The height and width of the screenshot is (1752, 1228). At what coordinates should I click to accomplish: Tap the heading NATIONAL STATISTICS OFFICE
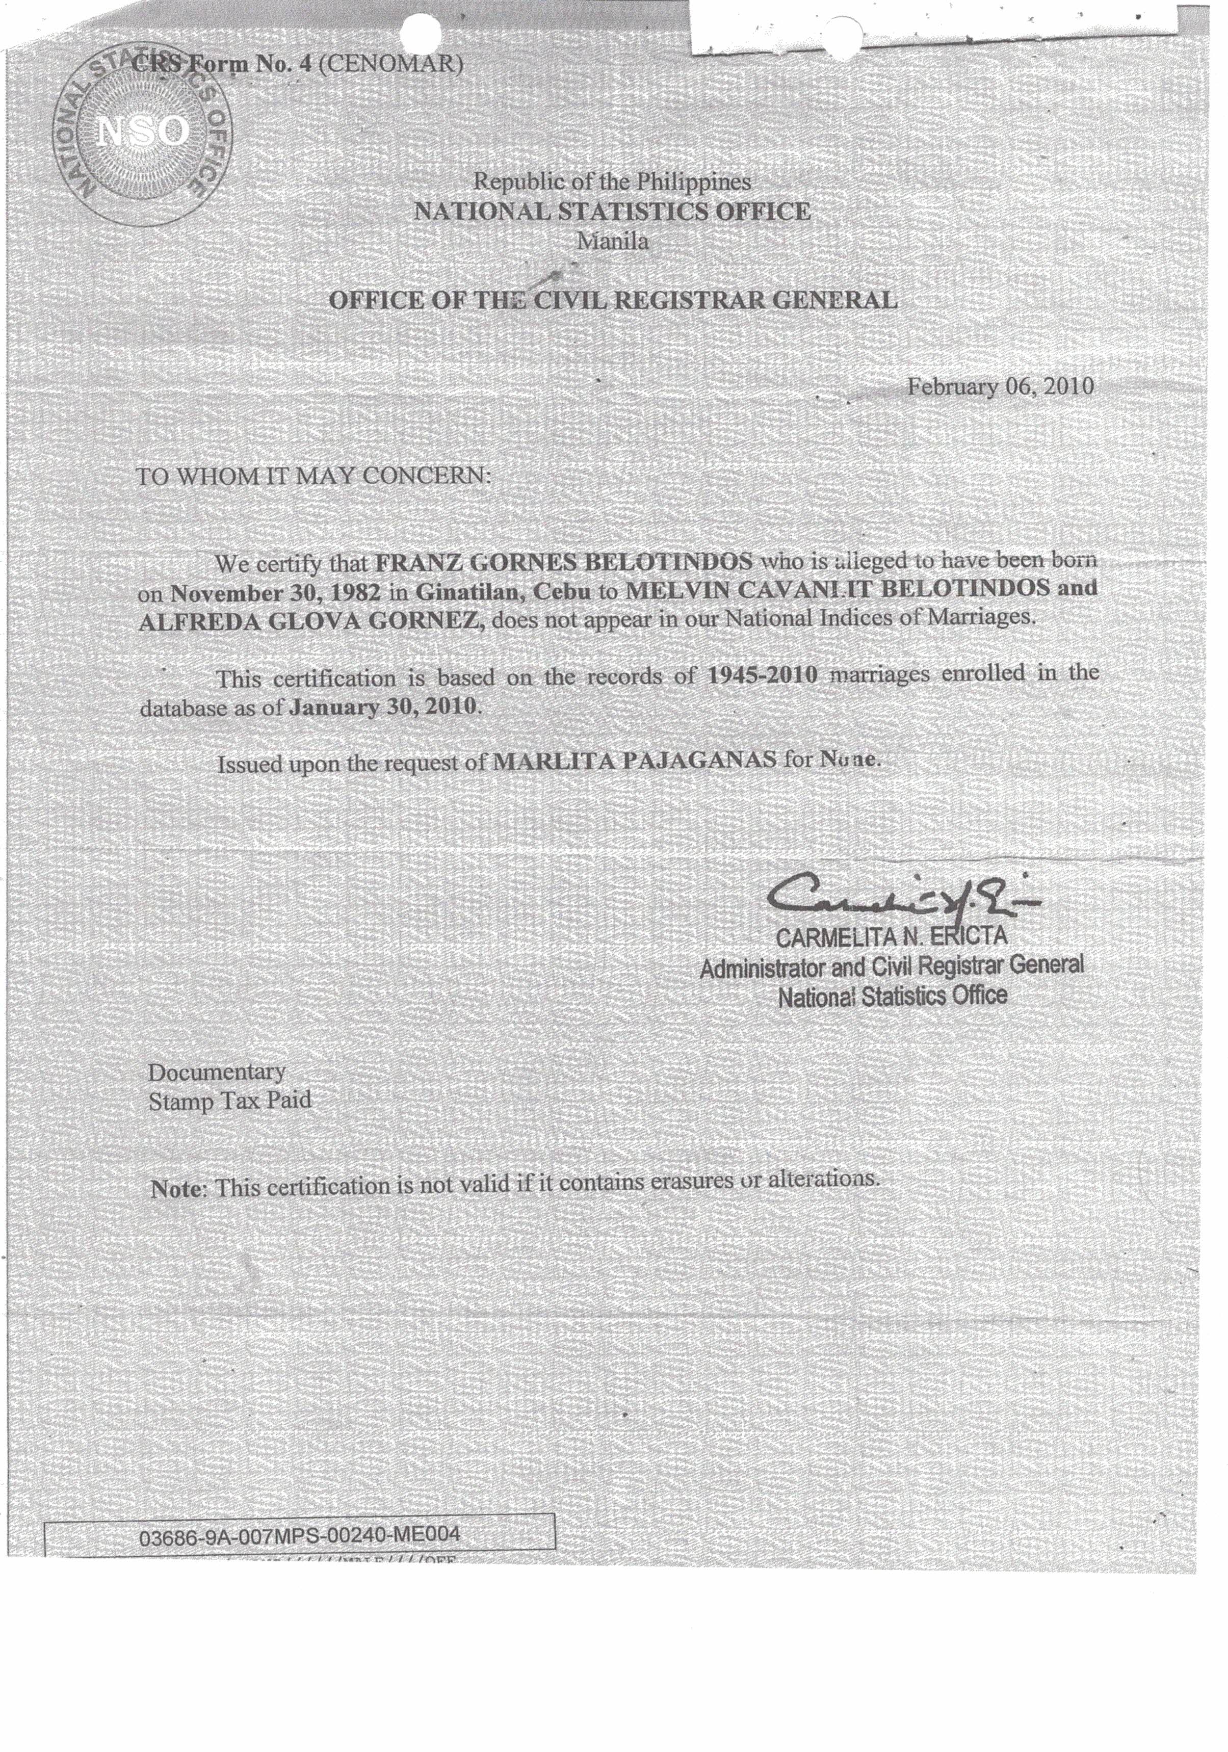pos(612,212)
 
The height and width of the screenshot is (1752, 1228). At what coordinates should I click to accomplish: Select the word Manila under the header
pos(612,242)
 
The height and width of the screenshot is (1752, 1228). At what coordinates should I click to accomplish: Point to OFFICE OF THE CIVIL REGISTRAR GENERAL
pos(612,300)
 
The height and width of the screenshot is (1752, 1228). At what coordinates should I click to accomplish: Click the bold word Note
pos(178,1188)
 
